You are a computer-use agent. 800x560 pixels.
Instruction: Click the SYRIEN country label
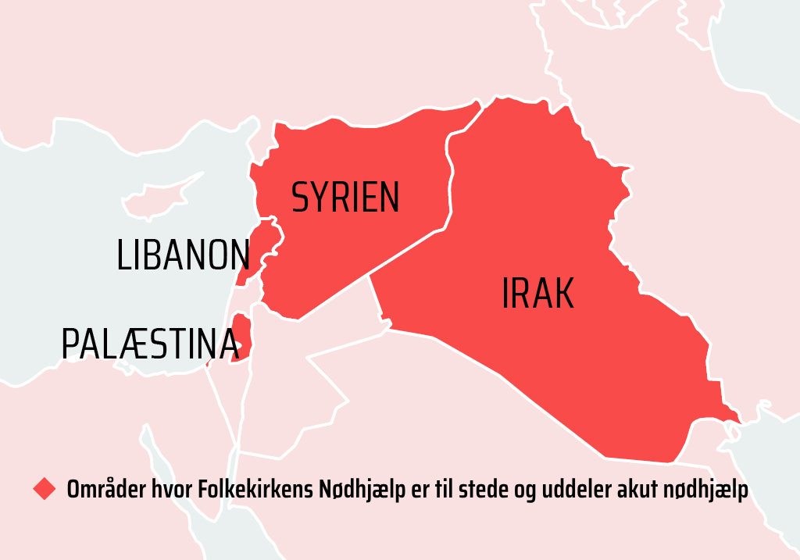345,197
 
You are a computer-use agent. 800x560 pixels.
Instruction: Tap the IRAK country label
537,294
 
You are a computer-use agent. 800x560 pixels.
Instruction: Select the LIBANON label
184,255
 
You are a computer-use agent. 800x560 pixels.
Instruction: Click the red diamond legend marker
45,490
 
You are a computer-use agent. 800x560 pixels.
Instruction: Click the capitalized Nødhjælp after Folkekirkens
359,490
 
